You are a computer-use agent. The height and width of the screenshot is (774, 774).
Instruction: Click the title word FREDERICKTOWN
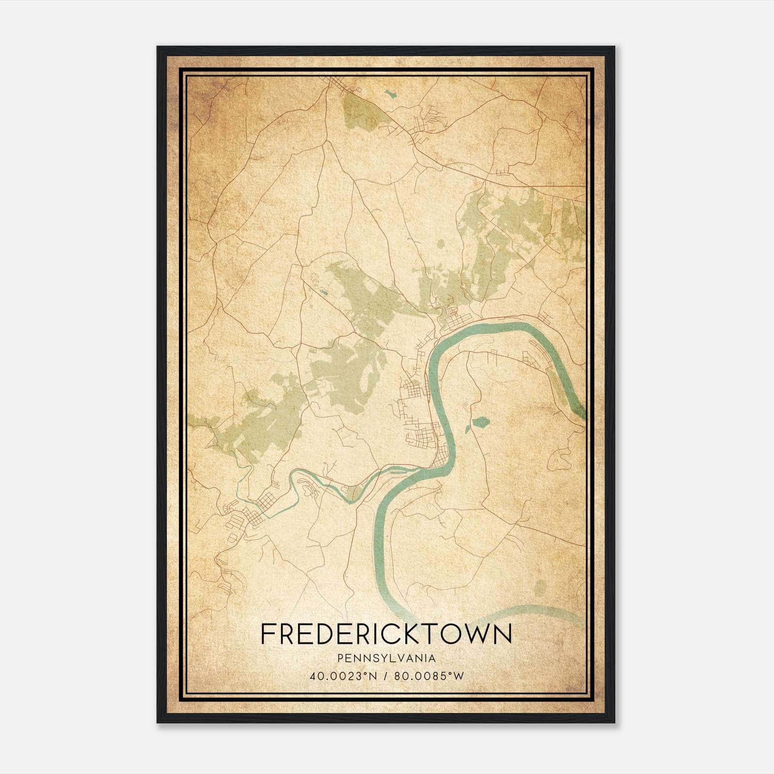point(386,634)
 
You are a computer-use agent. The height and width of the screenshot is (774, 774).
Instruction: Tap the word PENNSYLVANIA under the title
point(387,658)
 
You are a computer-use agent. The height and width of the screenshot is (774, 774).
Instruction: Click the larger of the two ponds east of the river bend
point(481,423)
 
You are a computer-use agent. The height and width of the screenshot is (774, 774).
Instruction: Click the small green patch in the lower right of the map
point(538,587)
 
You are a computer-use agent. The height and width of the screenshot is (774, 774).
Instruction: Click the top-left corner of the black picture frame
point(158,47)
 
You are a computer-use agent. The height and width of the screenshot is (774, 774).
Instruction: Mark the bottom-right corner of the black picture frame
point(614,722)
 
